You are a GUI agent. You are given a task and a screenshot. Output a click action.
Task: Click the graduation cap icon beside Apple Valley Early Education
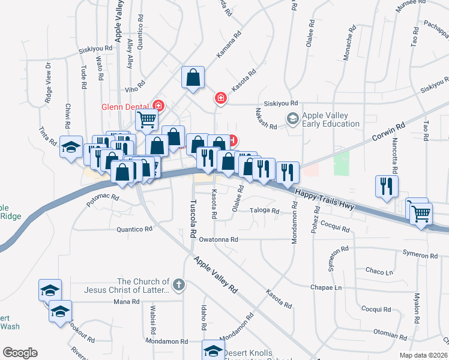(293, 119)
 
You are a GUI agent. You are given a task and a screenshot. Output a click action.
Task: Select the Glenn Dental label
(124, 107)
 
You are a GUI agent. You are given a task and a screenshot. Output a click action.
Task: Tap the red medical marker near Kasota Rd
(221, 97)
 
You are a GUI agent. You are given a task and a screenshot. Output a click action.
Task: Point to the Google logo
(20, 352)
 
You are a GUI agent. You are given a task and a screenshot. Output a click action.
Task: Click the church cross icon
(178, 286)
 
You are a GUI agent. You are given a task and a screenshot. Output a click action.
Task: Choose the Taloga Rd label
(265, 211)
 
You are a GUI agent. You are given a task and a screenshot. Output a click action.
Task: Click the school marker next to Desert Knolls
(213, 350)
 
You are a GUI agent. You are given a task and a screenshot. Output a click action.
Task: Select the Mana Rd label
(122, 301)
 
